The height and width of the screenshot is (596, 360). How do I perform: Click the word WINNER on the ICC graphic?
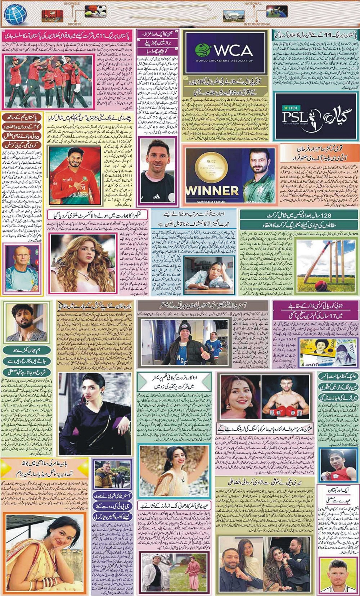coord(212,190)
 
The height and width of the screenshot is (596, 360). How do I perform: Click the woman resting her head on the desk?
coord(209,273)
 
